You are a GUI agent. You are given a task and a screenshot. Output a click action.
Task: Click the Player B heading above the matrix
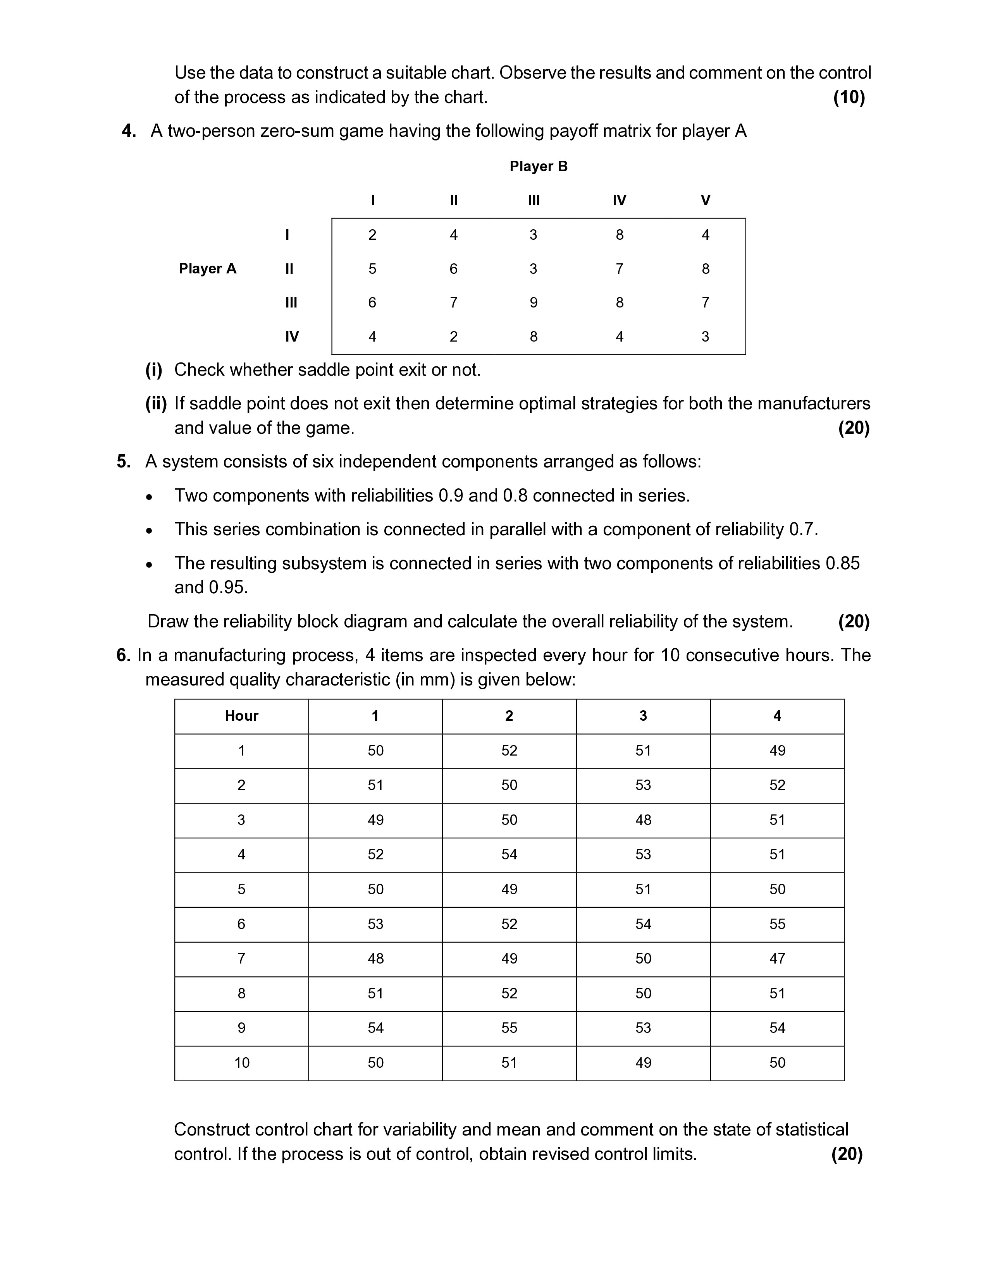pos(538,167)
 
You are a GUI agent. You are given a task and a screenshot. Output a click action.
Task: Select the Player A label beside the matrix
pos(207,269)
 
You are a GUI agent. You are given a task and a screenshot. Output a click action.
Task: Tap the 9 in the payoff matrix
pos(533,302)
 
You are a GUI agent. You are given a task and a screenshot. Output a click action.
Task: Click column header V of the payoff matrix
pos(705,201)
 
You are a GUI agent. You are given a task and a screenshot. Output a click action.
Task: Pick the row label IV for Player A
pos(291,337)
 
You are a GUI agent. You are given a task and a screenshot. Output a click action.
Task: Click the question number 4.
pos(128,131)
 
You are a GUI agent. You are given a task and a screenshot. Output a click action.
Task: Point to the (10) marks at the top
pos(849,97)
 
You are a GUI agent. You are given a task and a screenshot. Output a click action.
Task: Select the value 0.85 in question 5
pos(842,563)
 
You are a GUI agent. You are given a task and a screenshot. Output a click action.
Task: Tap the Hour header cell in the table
pos(241,716)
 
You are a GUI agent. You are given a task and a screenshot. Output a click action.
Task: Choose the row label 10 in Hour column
pos(241,1063)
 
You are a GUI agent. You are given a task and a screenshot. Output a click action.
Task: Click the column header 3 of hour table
pos(643,716)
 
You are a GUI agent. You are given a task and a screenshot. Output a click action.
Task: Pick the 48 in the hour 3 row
pos(643,820)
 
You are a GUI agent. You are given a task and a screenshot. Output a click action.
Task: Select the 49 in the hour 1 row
pos(777,751)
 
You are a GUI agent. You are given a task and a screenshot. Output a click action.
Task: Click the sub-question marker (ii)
pos(156,404)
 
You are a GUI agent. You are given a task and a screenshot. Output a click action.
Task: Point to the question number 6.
pos(123,655)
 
